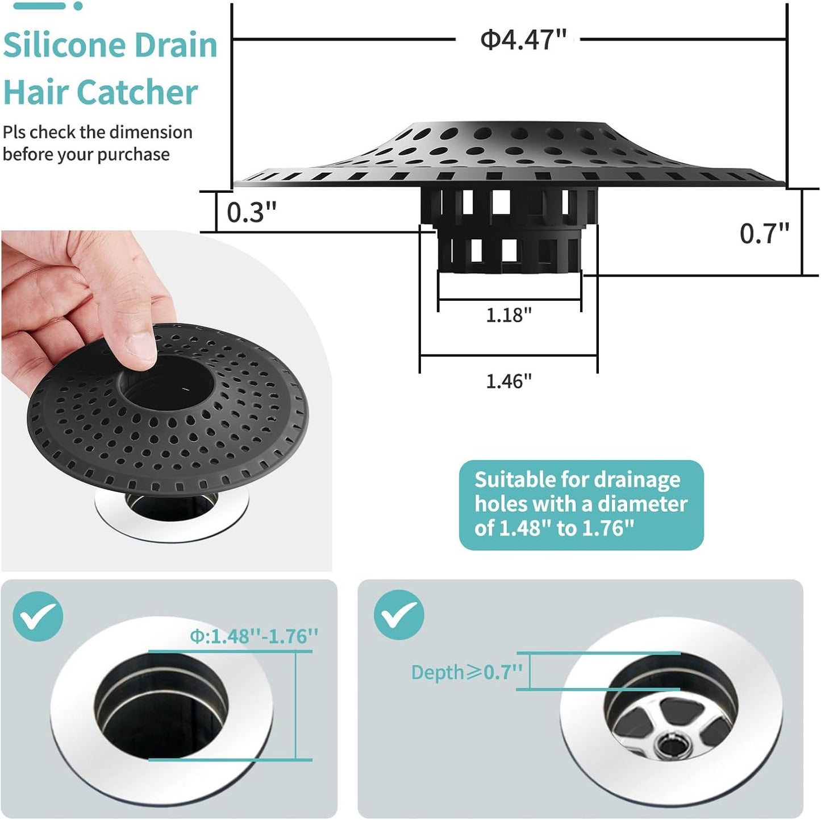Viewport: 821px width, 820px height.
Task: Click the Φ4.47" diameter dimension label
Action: pos(523,40)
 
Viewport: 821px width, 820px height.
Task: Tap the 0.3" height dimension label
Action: pos(251,212)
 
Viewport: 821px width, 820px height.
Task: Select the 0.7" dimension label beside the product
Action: pos(764,234)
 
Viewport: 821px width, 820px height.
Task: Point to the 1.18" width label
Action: pos(509,315)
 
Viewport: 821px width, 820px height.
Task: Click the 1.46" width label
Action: pos(509,381)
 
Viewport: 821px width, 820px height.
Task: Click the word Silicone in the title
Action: pos(62,45)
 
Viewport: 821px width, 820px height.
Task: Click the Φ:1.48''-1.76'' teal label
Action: pos(254,636)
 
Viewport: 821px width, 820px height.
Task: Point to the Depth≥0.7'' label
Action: pos(466,672)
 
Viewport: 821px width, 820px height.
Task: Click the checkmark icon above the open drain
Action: pos(37,616)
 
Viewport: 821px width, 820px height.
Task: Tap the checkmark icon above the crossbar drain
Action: pos(399,615)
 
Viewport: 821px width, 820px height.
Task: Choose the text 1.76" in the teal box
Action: pos(608,528)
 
